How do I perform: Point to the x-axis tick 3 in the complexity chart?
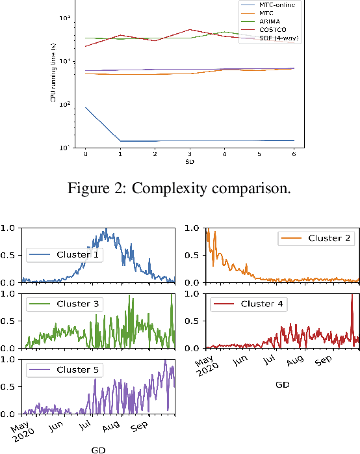click(x=189, y=154)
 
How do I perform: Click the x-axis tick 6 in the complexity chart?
click(x=293, y=154)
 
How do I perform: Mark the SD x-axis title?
click(x=189, y=161)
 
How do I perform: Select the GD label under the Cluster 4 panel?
click(x=282, y=384)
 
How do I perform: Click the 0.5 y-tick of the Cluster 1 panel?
click(x=11, y=255)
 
